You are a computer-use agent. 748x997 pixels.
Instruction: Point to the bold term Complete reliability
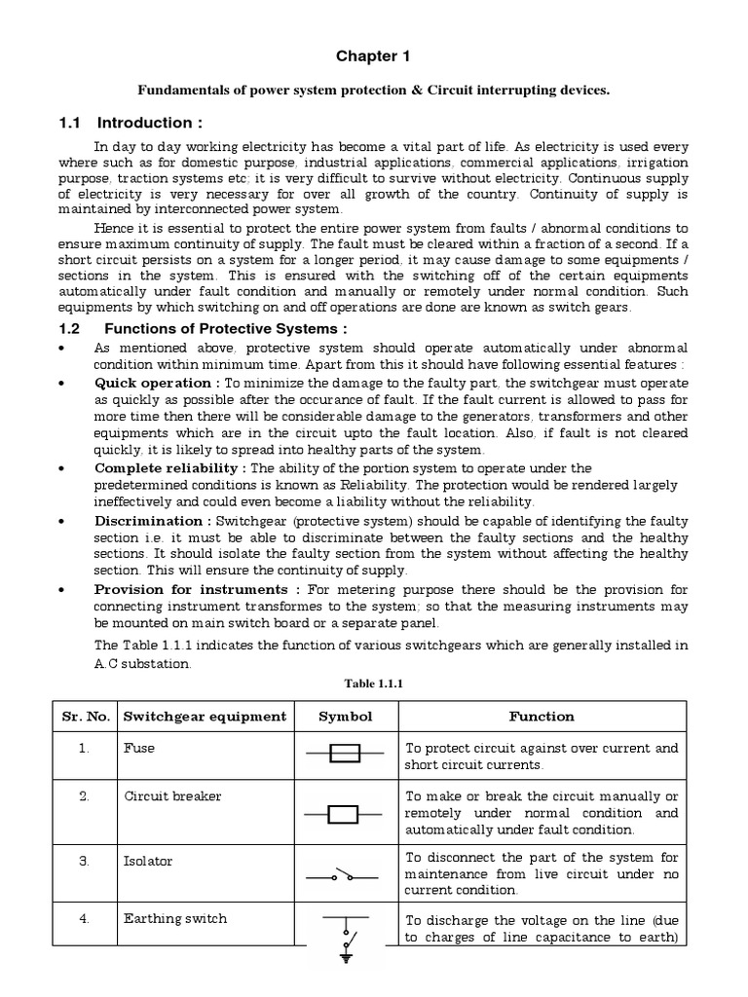(x=170, y=468)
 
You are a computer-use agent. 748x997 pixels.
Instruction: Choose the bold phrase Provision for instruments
(x=196, y=589)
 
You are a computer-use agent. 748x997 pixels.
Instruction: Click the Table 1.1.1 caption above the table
(x=374, y=683)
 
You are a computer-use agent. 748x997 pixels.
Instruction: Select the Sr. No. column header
(x=83, y=717)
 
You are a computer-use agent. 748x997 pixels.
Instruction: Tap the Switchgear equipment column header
(x=205, y=717)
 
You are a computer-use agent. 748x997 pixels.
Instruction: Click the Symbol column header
(x=346, y=717)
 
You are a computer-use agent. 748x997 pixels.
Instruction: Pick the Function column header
(x=542, y=717)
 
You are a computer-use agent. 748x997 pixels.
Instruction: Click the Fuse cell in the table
(x=139, y=749)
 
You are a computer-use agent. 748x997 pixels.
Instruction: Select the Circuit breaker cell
(x=172, y=796)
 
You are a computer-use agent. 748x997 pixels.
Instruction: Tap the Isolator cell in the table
(x=148, y=861)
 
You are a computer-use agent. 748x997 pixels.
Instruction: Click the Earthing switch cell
(x=175, y=918)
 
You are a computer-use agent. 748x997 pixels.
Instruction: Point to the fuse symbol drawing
(x=346, y=754)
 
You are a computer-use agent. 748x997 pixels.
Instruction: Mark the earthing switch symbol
(x=345, y=940)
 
